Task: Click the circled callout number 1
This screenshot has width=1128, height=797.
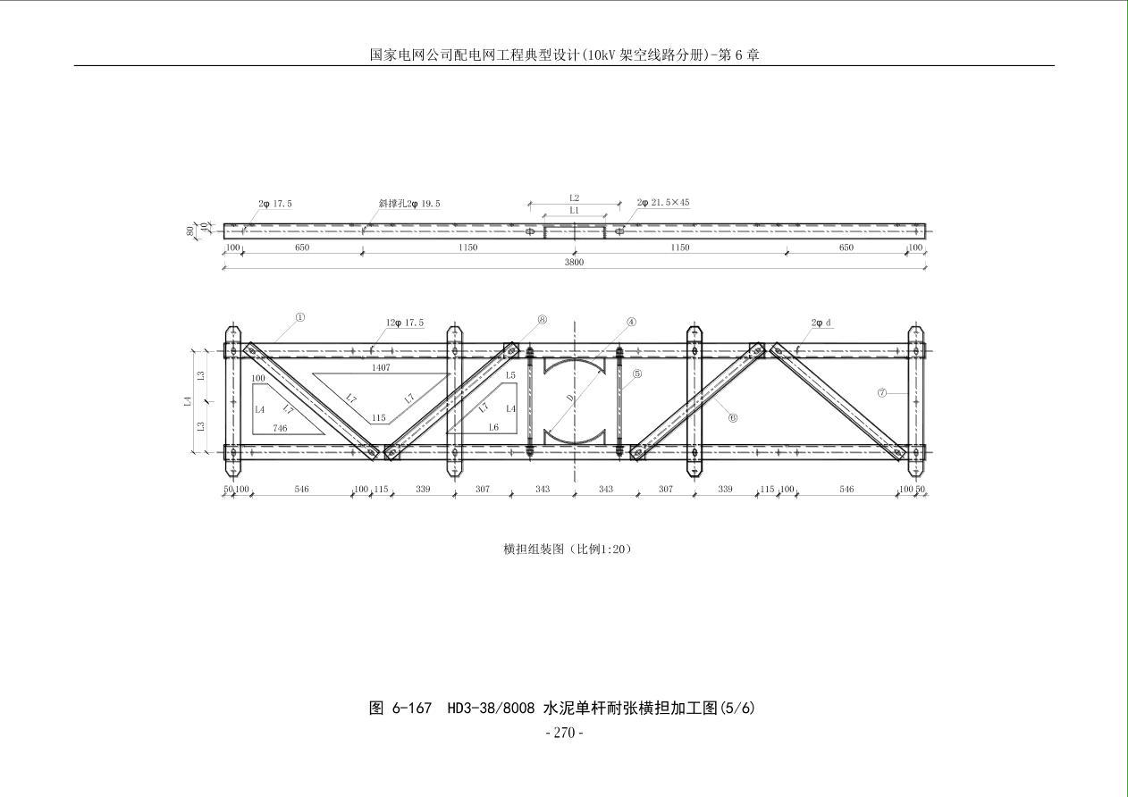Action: pos(300,317)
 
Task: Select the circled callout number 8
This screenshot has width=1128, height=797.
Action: pos(543,320)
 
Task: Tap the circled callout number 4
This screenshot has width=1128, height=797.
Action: pos(631,322)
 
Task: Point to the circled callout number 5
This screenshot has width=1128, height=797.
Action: pos(637,374)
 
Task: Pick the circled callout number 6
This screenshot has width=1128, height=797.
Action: pos(733,417)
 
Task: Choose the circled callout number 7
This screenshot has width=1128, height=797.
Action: pos(882,392)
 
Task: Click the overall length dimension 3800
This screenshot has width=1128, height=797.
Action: pos(574,263)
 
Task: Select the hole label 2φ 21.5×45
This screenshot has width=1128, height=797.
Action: pos(663,203)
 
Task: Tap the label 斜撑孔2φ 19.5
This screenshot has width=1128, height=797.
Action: pos(409,204)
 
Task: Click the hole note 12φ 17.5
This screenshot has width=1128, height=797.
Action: pos(405,323)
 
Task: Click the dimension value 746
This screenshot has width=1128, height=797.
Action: pos(280,428)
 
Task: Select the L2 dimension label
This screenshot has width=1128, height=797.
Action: pos(575,197)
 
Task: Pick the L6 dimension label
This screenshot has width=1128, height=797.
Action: pos(494,428)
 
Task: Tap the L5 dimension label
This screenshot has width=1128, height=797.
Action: pos(510,375)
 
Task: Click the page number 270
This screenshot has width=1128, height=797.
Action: pos(564,733)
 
